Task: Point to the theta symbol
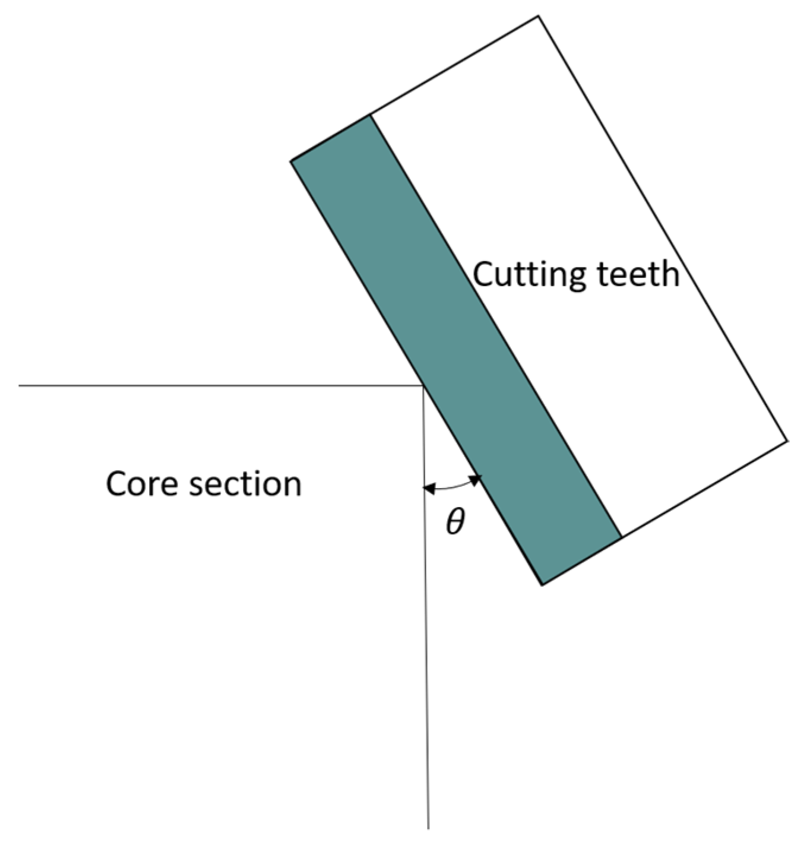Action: coord(455,522)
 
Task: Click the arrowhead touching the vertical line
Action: coord(429,489)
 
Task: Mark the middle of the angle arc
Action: coord(453,489)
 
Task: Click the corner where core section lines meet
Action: coord(423,386)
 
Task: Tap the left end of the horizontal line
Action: coord(20,386)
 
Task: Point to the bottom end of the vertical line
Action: coord(428,828)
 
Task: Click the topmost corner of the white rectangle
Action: coord(539,16)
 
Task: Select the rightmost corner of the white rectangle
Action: coord(787,441)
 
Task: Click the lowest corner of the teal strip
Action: coord(542,585)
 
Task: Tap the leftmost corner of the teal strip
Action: coord(291,161)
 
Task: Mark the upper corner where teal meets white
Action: coord(371,115)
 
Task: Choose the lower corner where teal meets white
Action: coord(621,538)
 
